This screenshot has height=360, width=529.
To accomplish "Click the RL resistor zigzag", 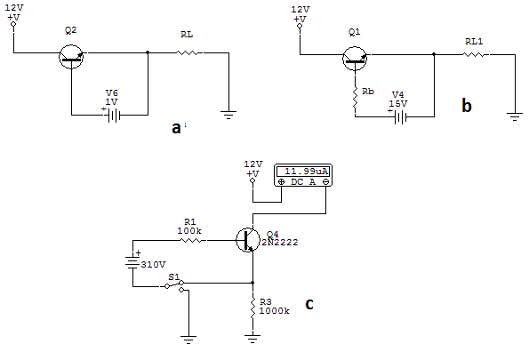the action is (188, 52).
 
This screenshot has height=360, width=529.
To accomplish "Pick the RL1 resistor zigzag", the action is (474, 54).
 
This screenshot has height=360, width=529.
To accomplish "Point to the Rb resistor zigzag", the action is (355, 98).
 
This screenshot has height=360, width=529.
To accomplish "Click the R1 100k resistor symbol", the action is (191, 240).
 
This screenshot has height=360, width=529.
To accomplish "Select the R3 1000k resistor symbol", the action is (252, 308).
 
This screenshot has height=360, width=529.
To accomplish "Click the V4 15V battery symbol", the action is (400, 117).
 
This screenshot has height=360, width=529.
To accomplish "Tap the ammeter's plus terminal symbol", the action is (281, 182).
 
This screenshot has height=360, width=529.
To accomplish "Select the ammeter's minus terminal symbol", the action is (325, 182).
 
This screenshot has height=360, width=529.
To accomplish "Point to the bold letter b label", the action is (466, 105).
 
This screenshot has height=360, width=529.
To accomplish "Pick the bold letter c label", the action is (309, 304).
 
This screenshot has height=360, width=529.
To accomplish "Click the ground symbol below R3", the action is (252, 339).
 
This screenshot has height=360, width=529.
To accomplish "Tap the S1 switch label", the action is (173, 277).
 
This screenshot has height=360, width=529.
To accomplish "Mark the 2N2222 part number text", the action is (280, 243).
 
